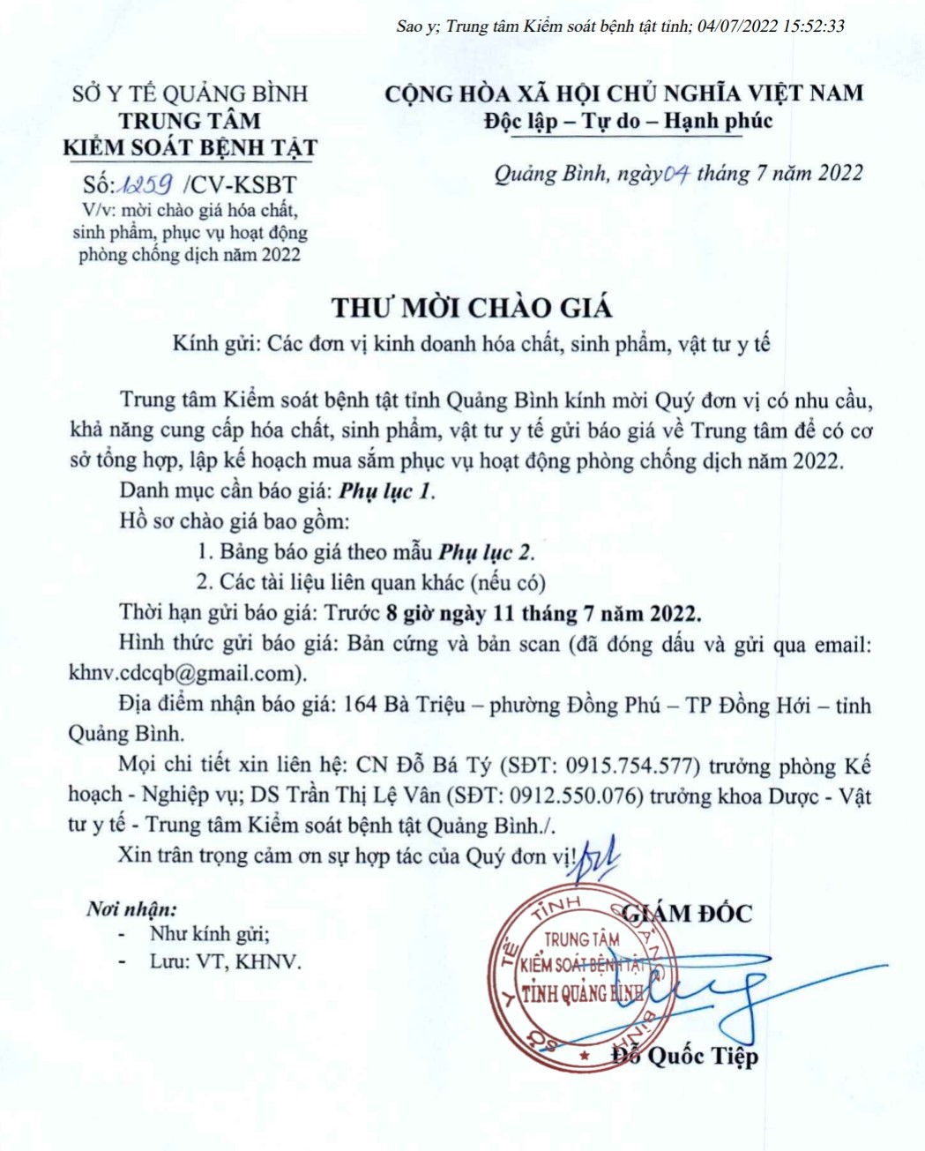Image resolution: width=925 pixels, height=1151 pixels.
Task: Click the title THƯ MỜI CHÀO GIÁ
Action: pos(471,308)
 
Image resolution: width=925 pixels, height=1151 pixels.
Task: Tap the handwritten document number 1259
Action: pos(146,183)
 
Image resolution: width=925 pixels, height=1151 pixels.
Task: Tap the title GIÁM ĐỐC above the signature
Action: pos(688,913)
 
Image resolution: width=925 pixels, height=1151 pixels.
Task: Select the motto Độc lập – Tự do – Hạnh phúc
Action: pos(627,121)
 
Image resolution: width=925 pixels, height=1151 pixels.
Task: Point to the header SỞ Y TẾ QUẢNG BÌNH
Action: pos(190,93)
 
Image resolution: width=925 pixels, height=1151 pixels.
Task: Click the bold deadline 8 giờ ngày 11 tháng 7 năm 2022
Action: pos(544,612)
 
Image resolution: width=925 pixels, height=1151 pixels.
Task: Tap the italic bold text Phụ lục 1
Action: pos(386,491)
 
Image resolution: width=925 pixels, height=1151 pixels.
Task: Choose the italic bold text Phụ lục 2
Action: pos(486,552)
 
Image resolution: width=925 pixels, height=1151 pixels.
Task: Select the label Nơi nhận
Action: pos(131,908)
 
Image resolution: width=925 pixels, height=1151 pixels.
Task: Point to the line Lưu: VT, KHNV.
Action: pos(225,961)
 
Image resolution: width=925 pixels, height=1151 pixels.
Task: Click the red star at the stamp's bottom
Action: pos(583,1055)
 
